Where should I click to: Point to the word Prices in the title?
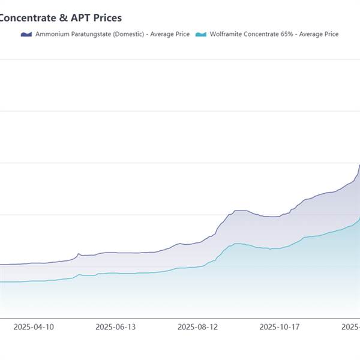click(108, 18)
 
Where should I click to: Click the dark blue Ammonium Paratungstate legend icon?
click(25, 34)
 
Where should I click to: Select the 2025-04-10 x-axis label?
click(33, 327)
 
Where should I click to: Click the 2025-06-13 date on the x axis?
click(116, 327)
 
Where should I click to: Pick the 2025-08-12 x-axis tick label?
click(197, 327)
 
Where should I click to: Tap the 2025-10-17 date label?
click(279, 327)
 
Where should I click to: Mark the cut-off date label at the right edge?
click(350, 327)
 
